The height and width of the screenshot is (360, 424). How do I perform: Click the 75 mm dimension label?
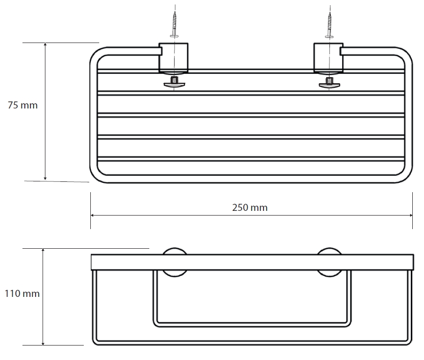23,105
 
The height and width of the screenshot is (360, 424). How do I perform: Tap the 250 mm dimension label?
250,208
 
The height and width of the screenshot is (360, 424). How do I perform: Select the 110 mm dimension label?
22,293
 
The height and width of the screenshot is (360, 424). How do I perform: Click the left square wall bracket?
173,58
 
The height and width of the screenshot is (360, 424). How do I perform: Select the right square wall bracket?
328,58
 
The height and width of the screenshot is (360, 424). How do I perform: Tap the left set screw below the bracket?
175,82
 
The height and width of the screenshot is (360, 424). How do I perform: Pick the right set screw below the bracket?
329,82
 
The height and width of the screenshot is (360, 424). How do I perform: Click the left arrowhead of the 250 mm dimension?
92,215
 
